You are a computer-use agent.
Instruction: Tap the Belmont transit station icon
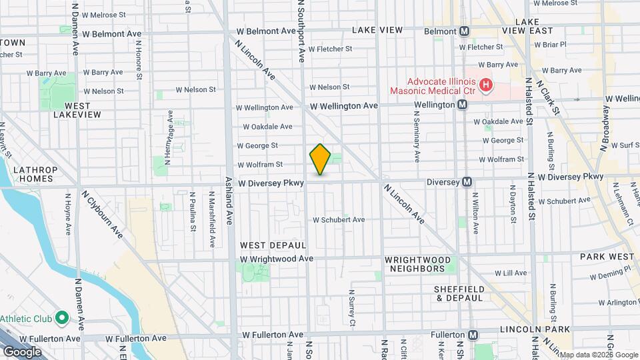[465, 31]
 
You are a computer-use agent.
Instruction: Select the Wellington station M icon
[461, 105]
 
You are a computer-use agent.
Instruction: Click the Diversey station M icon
[467, 181]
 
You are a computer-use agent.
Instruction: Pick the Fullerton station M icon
[473, 335]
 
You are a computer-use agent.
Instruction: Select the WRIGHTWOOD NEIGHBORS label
[418, 264]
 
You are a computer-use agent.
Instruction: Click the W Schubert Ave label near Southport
[339, 219]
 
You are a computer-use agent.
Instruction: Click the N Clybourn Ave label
[103, 214]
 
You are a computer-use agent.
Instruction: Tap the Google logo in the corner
[22, 351]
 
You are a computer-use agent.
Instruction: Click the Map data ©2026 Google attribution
[598, 355]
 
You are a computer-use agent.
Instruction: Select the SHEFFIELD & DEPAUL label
[457, 293]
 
